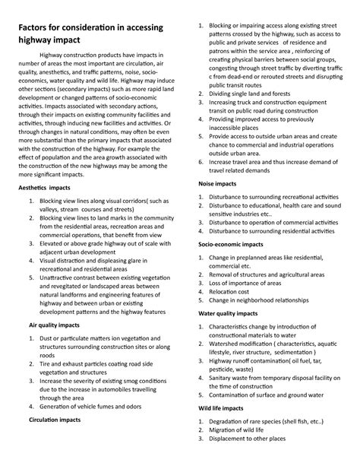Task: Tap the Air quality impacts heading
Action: pyautogui.click(x=59, y=324)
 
